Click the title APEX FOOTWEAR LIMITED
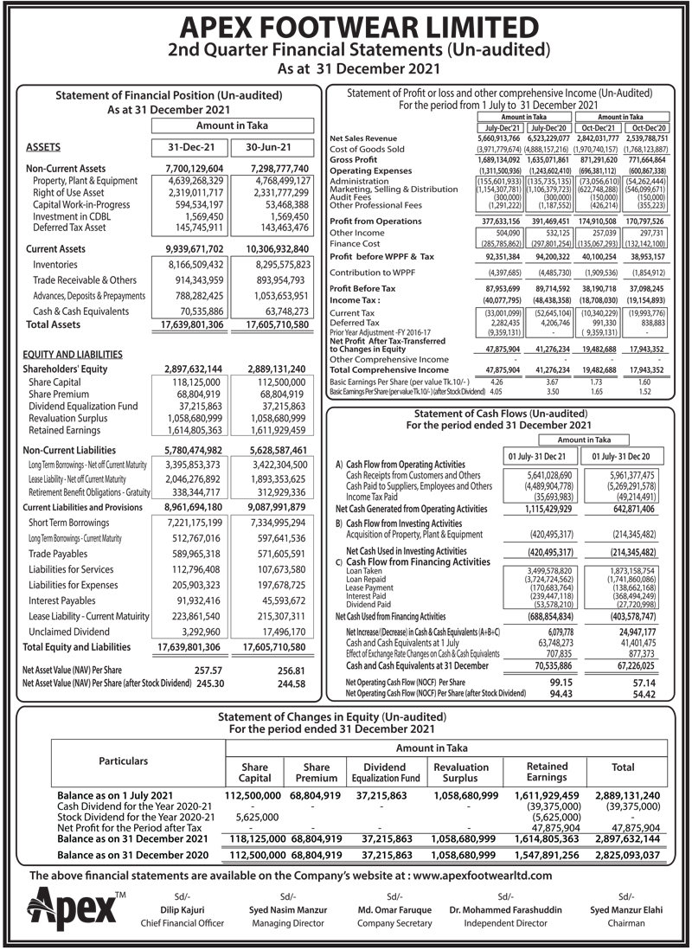pyautogui.click(x=345, y=23)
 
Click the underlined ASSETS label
pyautogui.click(x=42, y=146)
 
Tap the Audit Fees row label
pyautogui.click(x=349, y=196)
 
